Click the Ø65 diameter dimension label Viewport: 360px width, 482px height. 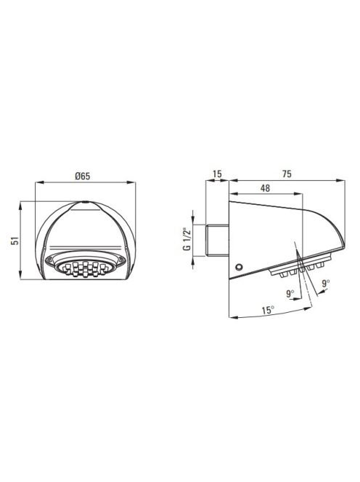click(83, 176)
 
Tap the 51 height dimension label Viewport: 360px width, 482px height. click(15, 240)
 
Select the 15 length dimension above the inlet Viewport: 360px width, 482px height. click(217, 173)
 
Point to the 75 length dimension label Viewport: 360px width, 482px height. click(287, 173)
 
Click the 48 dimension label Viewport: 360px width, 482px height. click(265, 188)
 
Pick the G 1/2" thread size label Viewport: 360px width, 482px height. click(187, 239)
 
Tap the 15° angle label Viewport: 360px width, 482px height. click(268, 310)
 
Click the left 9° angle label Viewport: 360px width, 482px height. click(290, 293)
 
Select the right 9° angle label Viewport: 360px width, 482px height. click(326, 283)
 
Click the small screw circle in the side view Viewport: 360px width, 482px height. click(239, 267)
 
